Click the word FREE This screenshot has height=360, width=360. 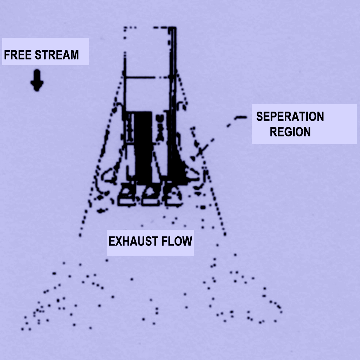(18, 55)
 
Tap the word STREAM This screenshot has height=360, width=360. (57, 55)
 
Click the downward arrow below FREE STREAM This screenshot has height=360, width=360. (37, 80)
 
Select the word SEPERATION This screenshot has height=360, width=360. (290, 117)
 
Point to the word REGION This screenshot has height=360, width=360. (290, 132)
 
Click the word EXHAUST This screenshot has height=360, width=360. (133, 241)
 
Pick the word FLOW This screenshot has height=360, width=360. (177, 241)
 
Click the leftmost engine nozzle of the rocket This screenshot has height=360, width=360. (127, 194)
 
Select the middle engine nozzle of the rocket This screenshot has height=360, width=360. (150, 194)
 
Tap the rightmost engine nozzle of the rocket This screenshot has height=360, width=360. (174, 195)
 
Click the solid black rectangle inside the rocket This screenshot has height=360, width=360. (143, 147)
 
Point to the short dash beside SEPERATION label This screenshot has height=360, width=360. (241, 118)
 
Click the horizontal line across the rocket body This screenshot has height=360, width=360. (148, 77)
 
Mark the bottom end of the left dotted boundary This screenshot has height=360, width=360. (80, 235)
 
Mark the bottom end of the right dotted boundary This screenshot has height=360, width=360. (225, 234)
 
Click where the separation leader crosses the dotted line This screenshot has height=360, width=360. (200, 151)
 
